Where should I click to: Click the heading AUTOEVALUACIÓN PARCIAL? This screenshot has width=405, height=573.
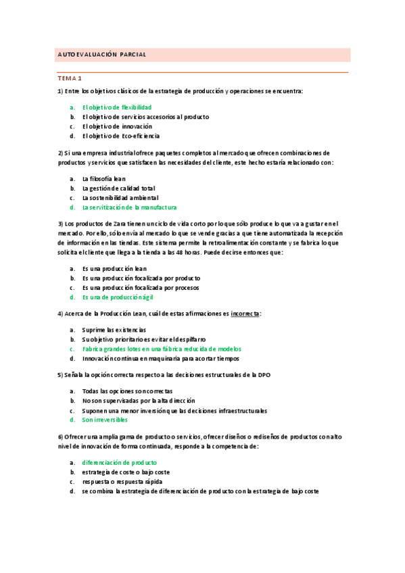click(101, 54)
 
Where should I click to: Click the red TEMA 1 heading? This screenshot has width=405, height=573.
click(69, 78)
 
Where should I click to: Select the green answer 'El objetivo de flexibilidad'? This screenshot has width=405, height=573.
click(116, 107)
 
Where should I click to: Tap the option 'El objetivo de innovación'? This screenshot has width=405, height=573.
click(117, 126)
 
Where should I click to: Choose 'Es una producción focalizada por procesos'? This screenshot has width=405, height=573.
click(141, 287)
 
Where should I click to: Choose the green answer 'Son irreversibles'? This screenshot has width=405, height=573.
click(105, 420)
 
